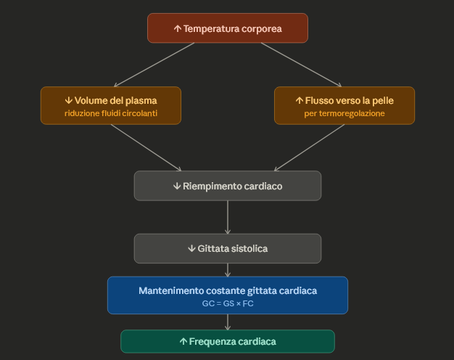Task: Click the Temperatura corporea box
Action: tap(227, 28)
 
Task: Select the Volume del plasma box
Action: tap(110, 105)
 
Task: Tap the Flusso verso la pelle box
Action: tap(344, 105)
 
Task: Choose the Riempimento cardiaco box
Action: tap(227, 186)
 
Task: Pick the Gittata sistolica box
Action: tap(227, 248)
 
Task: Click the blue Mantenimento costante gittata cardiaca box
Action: tap(227, 295)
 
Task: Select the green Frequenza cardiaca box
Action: tap(227, 341)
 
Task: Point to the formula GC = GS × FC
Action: tap(227, 303)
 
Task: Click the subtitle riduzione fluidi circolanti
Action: tap(110, 114)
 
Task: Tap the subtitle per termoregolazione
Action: tap(344, 114)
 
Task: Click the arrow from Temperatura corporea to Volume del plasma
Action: tap(154, 65)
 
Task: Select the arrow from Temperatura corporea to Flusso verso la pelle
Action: tap(301, 65)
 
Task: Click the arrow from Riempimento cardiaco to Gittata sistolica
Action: tap(228, 216)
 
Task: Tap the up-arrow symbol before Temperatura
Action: tap(177, 29)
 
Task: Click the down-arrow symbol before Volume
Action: tap(69, 100)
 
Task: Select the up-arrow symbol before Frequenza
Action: tap(183, 341)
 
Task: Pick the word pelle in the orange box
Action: tap(382, 100)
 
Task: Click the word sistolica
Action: tap(249, 248)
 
